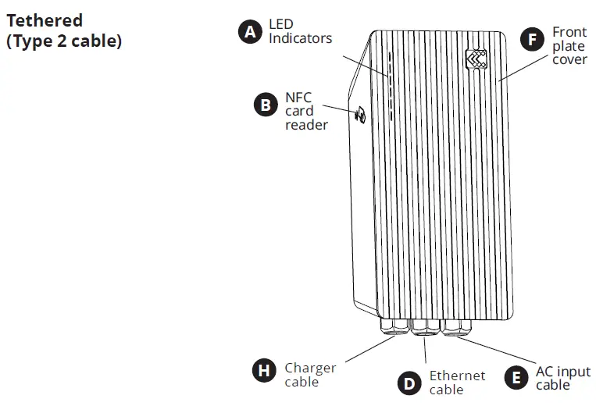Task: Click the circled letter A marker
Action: click(249, 32)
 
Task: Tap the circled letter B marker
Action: click(266, 105)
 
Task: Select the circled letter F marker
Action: click(533, 39)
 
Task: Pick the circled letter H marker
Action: click(265, 370)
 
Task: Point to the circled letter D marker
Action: click(409, 383)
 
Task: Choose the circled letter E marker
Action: click(516, 378)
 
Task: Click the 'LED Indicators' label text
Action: click(300, 31)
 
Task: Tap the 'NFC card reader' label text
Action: click(305, 111)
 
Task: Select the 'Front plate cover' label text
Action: click(569, 46)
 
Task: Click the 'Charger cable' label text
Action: click(309, 375)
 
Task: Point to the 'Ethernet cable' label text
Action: click(457, 383)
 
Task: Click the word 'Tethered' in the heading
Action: click(45, 20)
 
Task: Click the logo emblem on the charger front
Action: click(476, 60)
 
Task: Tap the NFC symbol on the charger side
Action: click(360, 115)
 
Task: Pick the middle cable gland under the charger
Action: click(425, 325)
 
